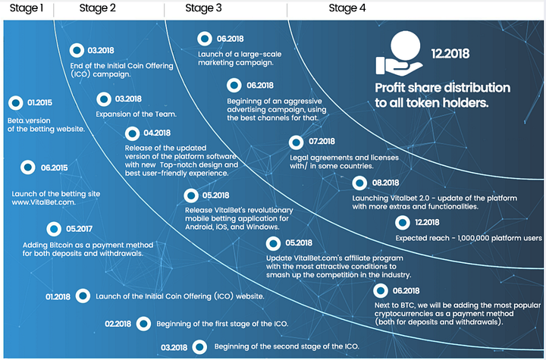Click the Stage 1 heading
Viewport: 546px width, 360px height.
point(26,8)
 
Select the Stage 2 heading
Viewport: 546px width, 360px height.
point(98,8)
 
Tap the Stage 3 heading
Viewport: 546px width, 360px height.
point(204,8)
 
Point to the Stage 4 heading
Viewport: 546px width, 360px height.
point(347,8)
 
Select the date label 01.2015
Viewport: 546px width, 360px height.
point(40,102)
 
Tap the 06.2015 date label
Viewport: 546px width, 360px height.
point(54,167)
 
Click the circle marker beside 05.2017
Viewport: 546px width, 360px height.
point(54,228)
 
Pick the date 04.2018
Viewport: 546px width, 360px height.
point(156,133)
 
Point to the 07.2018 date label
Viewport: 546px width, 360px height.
point(322,141)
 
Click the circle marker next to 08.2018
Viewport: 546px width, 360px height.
point(359,183)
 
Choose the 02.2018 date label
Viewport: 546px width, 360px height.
point(119,324)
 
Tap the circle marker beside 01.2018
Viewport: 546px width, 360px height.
point(84,296)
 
